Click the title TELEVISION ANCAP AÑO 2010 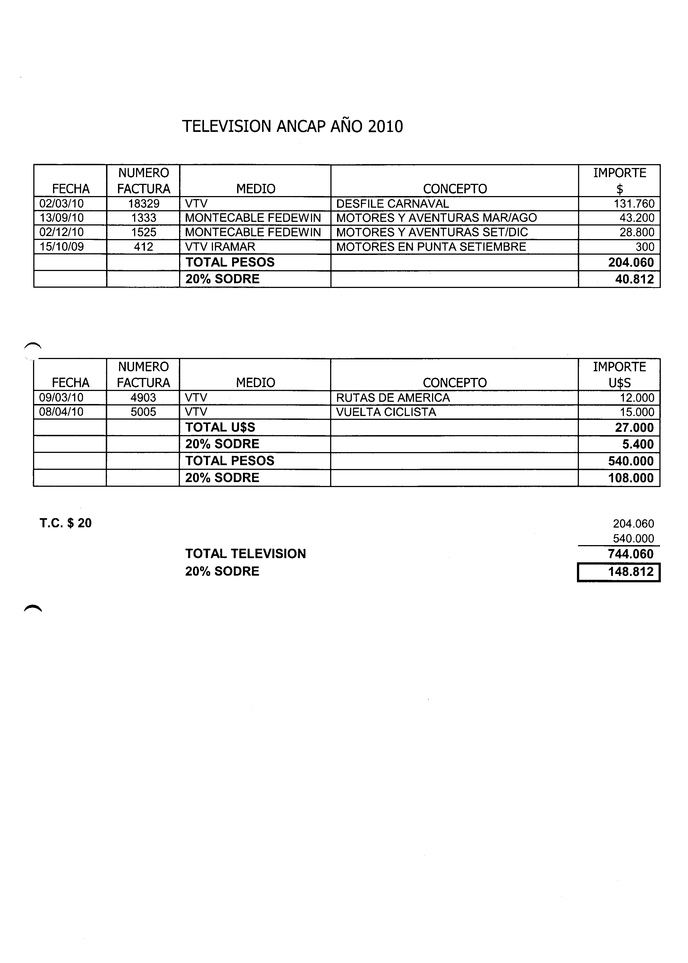click(292, 126)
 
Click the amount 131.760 click(634, 204)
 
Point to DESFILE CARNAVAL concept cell click(392, 204)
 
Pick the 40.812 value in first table click(634, 279)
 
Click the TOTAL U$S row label click(220, 427)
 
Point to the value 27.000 click(634, 427)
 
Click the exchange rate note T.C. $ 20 click(66, 523)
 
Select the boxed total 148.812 click(631, 572)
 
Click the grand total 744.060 click(631, 554)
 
